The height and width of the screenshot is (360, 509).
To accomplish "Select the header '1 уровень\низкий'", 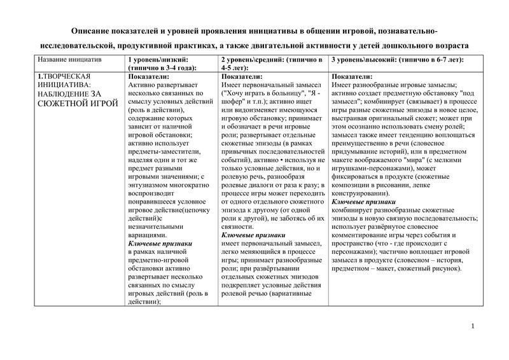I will (x=158, y=59).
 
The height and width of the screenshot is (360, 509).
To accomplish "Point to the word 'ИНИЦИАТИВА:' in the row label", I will (x=64, y=85).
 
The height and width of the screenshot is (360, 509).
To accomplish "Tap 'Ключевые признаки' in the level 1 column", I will (x=160, y=244).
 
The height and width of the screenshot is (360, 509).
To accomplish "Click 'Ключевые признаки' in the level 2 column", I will (x=253, y=235).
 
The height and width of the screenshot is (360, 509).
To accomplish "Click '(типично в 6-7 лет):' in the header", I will (x=431, y=59).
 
